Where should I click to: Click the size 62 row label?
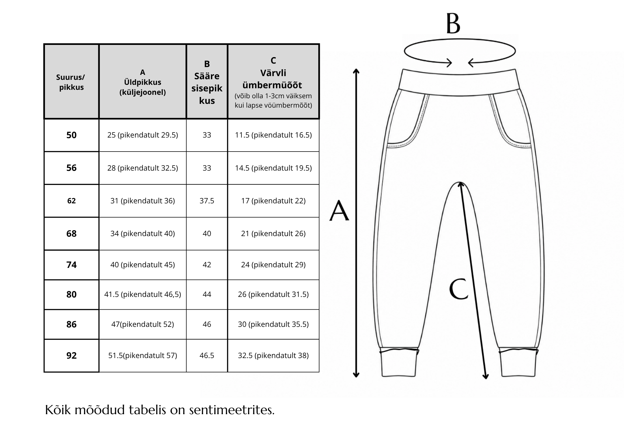point(71,201)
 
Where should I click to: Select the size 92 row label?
point(71,356)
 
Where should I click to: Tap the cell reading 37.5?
point(207,201)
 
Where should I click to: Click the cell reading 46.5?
point(207,356)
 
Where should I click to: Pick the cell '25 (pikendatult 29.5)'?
point(143,135)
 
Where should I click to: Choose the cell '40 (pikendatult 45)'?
point(143,265)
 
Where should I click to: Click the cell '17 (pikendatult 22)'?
point(273,201)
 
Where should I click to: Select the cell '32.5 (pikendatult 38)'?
point(273,356)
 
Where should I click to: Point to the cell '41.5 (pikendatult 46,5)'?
point(143,294)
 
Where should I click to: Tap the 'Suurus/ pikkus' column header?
point(71,82)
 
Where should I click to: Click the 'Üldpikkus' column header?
point(143,82)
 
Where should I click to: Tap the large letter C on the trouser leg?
point(459,289)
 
